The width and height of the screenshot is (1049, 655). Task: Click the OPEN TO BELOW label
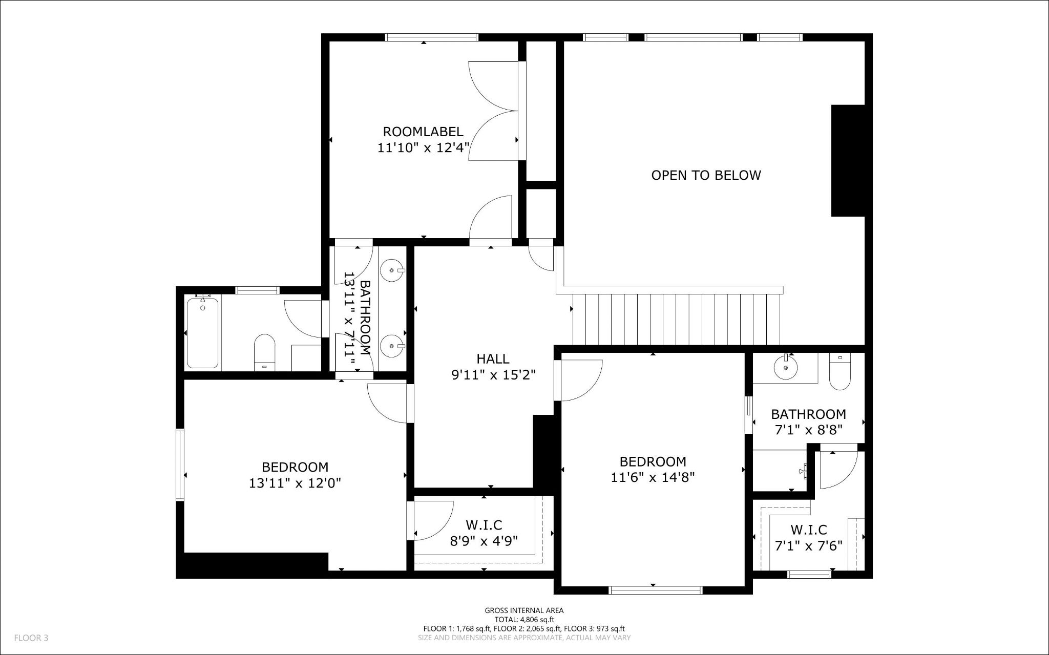coord(706,175)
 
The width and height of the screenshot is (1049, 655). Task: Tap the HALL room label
coord(493,358)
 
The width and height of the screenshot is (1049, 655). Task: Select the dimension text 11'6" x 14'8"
coord(653,477)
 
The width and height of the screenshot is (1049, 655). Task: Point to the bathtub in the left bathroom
coord(203,333)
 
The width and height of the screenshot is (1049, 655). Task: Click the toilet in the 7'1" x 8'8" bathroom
coord(839,373)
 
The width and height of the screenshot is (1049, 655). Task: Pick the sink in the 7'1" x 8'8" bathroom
coord(785,367)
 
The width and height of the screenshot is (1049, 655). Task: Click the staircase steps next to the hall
coord(676,319)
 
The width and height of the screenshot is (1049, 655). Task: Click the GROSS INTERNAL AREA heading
coord(524,610)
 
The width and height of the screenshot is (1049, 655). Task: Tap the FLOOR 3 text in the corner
coord(31,638)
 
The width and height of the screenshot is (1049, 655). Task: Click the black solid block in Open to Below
coord(847,160)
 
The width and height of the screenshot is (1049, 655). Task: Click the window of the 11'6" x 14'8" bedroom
coord(655,590)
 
